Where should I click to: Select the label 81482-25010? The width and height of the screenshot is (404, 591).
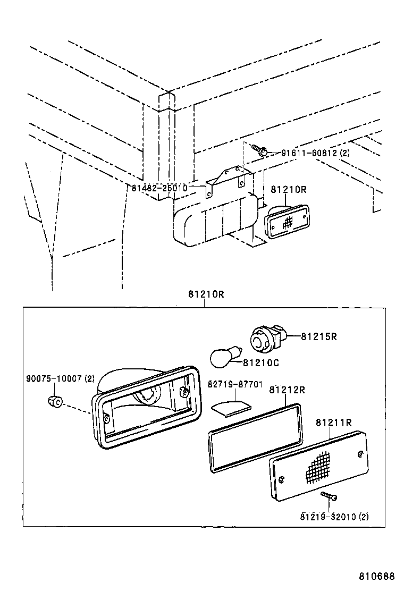click(x=159, y=188)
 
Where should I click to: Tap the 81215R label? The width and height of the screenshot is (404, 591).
click(x=319, y=336)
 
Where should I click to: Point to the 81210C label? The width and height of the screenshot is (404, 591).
click(x=261, y=362)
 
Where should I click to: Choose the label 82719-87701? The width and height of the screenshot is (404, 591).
click(x=235, y=384)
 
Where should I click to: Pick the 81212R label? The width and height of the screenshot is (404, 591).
click(x=287, y=390)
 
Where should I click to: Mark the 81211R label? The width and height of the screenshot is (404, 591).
click(x=334, y=423)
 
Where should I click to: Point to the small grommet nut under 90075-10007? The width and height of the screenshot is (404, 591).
click(x=55, y=401)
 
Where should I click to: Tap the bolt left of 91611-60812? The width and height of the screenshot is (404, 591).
click(x=259, y=150)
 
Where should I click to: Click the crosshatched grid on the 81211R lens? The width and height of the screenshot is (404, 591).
click(x=320, y=467)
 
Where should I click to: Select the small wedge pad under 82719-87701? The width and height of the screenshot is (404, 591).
click(x=231, y=409)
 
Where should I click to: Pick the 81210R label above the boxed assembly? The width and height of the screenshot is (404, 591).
click(x=206, y=294)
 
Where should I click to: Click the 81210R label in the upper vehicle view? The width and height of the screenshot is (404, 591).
click(x=289, y=189)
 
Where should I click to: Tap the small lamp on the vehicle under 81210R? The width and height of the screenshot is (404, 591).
click(x=287, y=222)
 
